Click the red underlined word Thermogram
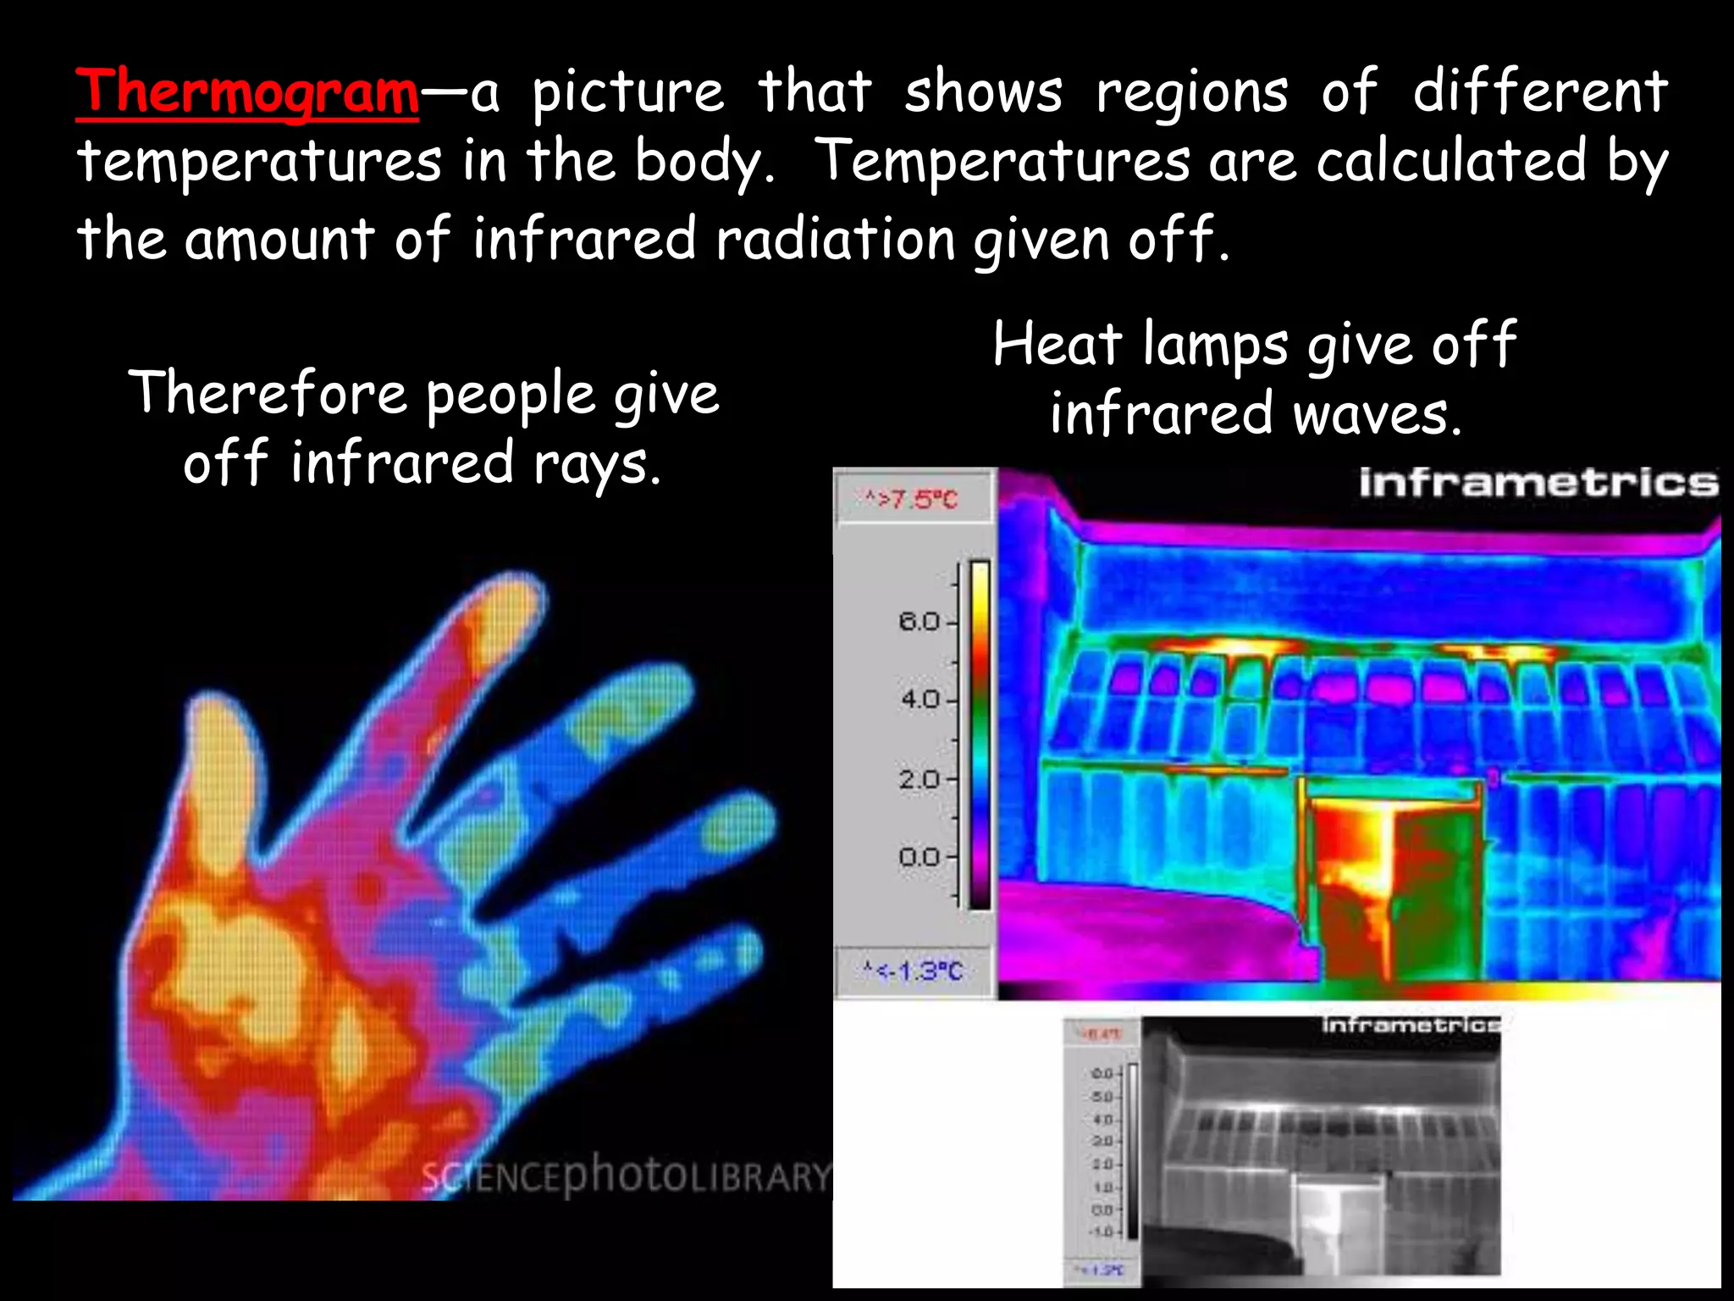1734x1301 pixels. pyautogui.click(x=247, y=91)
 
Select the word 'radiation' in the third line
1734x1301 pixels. pyautogui.click(x=836, y=240)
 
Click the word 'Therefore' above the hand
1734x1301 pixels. pyautogui.click(x=268, y=393)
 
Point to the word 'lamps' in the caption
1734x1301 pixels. pyautogui.click(x=1215, y=346)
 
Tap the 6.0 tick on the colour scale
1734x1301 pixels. pyautogui.click(x=920, y=623)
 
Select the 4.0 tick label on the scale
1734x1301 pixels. pyautogui.click(x=920, y=700)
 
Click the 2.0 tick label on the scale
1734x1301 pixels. pyautogui.click(x=920, y=779)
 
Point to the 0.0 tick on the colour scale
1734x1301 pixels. pyautogui.click(x=920, y=858)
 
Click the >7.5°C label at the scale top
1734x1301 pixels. pyautogui.click(x=911, y=500)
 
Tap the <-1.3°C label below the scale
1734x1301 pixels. pyautogui.click(x=913, y=971)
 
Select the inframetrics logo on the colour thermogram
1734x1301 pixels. pyautogui.click(x=1538, y=483)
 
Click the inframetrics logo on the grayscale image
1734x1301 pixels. pyautogui.click(x=1411, y=1026)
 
